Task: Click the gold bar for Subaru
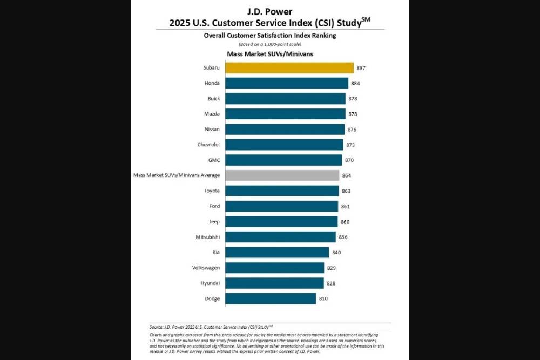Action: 289,68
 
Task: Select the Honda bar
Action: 286,83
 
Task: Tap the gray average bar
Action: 282,175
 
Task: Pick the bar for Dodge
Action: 270,298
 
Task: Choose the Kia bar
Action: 276,252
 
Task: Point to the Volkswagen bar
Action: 274,268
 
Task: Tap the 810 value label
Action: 323,298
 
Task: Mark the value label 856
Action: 343,237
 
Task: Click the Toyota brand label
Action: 212,191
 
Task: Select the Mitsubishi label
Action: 208,237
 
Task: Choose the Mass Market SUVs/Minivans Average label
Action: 177,175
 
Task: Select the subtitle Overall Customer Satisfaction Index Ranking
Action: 270,35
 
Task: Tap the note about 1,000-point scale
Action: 270,44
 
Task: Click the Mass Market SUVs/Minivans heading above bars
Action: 270,54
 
